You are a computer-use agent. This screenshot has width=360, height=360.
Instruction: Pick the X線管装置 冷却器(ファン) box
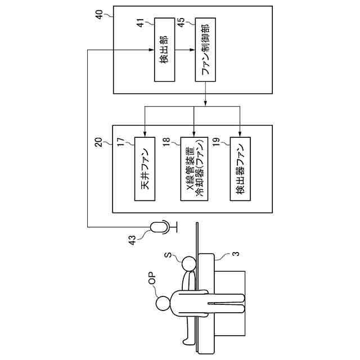[193, 168]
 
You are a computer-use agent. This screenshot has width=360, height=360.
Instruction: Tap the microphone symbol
[159, 227]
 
